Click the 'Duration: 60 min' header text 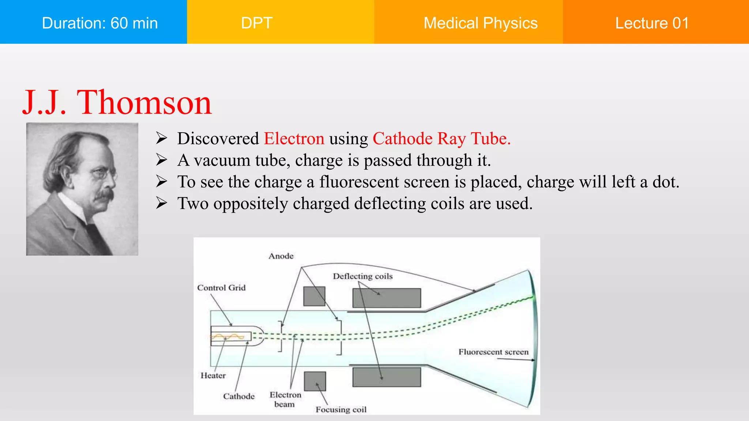(x=100, y=23)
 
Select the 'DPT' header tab (x=257, y=23)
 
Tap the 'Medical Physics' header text (x=480, y=23)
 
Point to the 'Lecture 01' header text (x=652, y=23)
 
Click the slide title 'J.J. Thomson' (x=117, y=103)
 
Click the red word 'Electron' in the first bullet (x=294, y=139)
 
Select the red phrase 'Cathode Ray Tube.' (x=441, y=139)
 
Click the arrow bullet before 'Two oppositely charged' (x=161, y=203)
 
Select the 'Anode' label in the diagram (x=281, y=256)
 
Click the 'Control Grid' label (x=221, y=288)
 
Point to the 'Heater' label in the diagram (x=213, y=375)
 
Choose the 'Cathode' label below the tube (x=239, y=396)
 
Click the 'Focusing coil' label (x=341, y=410)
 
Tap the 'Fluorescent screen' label (x=493, y=352)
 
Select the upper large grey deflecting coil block (x=387, y=298)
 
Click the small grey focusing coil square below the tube (x=315, y=381)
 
